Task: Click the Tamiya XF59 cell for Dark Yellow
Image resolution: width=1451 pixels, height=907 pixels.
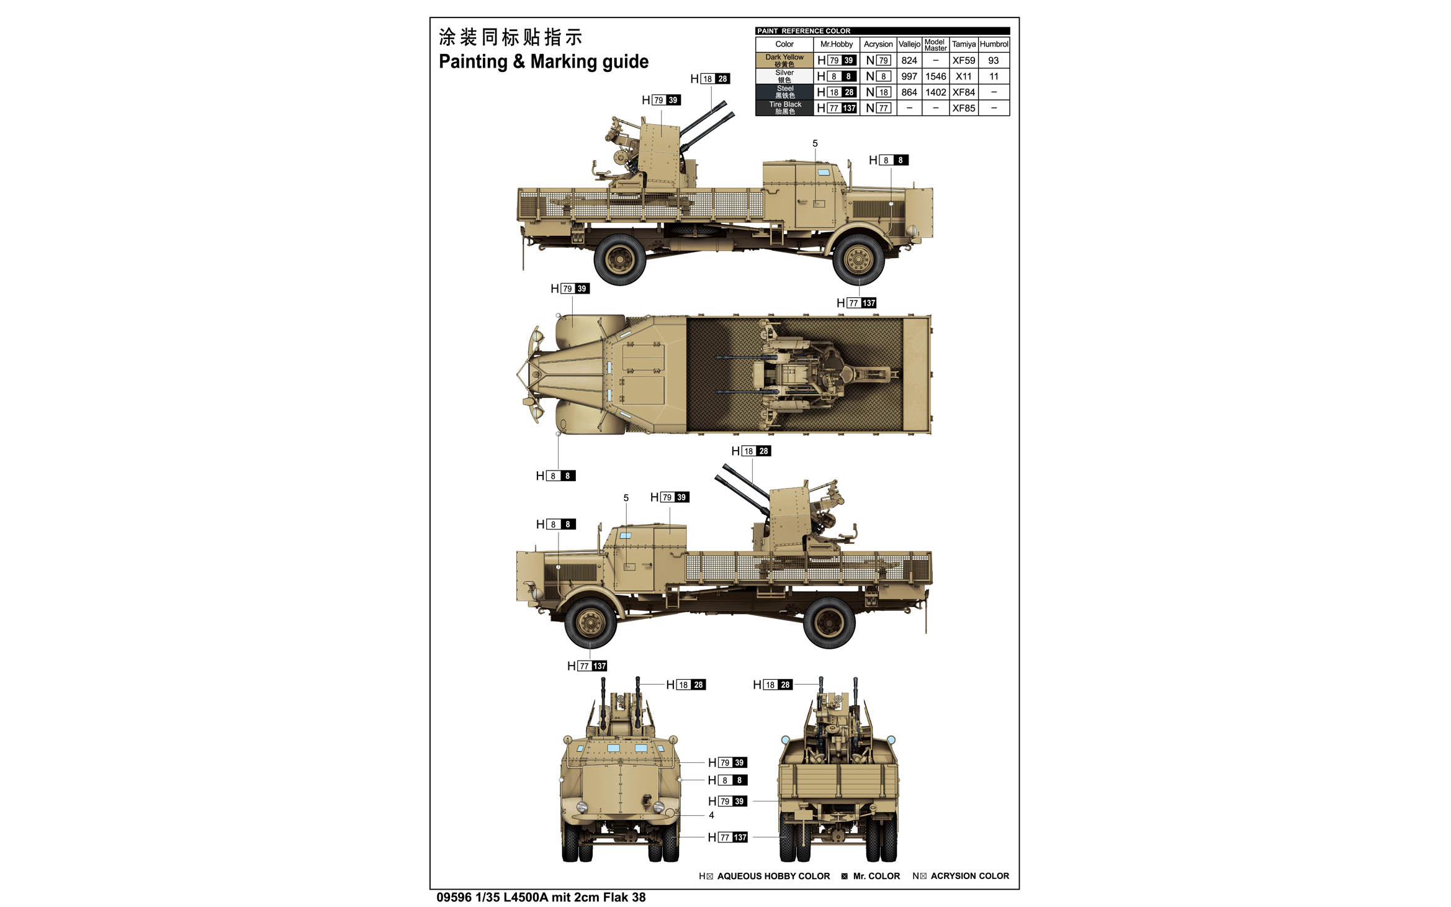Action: pos(963,60)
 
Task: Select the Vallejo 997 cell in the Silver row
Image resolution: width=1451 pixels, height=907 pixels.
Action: pos(909,76)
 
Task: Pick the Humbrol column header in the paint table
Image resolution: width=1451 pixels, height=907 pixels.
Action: pos(994,44)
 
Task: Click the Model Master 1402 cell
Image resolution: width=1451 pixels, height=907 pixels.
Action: pos(936,93)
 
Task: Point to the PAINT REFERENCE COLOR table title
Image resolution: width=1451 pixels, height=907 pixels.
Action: pos(804,31)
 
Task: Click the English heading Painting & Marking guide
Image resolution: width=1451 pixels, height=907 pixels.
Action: pos(544,61)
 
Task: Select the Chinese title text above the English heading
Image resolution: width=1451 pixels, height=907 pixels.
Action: pos(510,37)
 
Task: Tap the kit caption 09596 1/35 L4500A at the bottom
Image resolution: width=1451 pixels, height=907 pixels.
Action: pos(491,898)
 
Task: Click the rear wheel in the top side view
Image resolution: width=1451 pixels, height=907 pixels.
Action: pos(620,259)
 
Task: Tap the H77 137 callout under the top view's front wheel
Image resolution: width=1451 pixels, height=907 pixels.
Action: pos(856,303)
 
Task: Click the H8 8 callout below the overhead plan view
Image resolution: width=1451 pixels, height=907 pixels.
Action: pos(556,476)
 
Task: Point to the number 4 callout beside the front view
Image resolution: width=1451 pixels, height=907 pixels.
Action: pos(711,815)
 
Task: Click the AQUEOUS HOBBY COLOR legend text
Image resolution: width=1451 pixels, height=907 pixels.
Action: pos(773,876)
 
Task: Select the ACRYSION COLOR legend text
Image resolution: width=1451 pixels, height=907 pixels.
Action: pos(970,876)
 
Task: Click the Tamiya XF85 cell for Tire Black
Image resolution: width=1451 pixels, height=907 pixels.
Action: pos(963,108)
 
